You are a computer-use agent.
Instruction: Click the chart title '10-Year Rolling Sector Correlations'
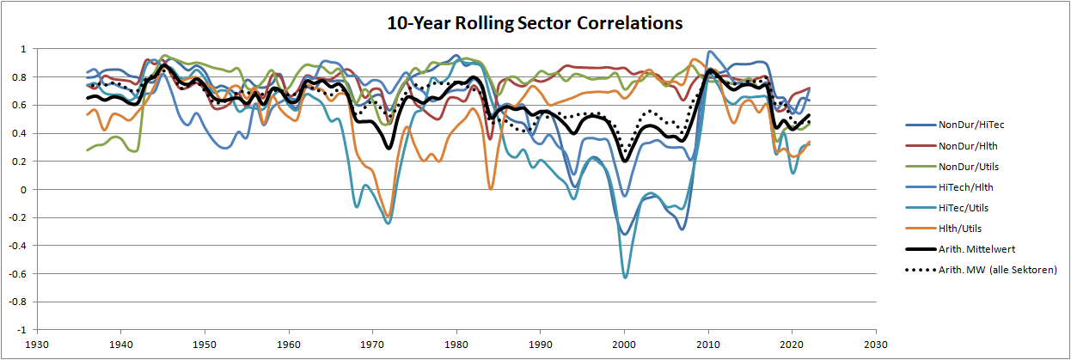tap(535, 23)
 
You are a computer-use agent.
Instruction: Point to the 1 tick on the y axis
tap(24, 49)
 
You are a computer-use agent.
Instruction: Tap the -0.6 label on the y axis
tap(17, 273)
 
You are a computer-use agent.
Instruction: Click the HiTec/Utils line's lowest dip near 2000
tap(625, 277)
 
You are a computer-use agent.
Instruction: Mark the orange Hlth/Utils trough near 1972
tap(389, 217)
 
